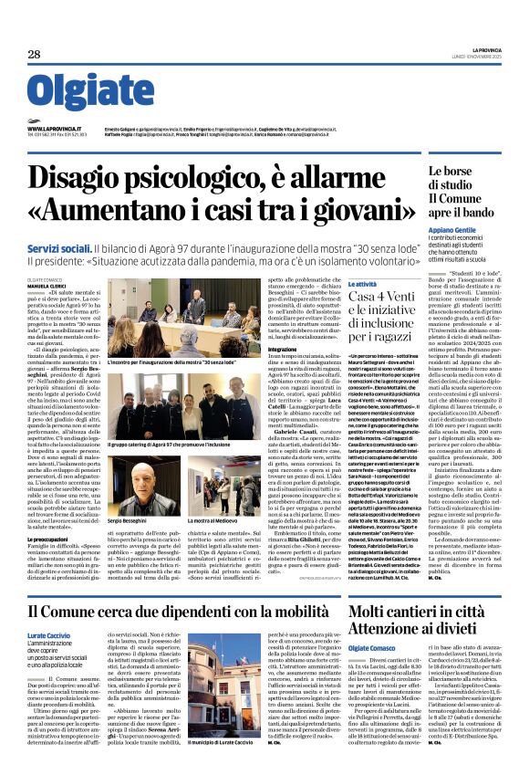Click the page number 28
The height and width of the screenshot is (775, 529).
pos(33,54)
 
